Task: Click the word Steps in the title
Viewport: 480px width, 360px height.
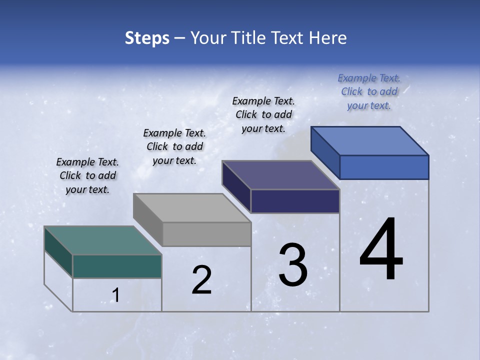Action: (147, 38)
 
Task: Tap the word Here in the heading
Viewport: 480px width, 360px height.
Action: (328, 38)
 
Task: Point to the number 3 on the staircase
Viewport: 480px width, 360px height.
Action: (293, 265)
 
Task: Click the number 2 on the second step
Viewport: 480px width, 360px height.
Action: (201, 280)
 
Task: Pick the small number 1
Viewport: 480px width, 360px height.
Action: (116, 295)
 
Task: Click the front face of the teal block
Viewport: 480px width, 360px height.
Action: (117, 266)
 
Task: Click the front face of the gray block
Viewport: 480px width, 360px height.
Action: (206, 234)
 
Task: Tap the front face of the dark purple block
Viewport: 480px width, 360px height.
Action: (295, 201)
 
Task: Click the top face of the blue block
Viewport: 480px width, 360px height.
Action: (369, 140)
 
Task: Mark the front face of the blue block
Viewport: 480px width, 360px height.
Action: (384, 167)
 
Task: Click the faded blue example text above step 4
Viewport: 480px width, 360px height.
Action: (369, 91)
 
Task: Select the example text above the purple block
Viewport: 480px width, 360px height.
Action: (263, 114)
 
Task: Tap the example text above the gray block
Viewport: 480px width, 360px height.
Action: (174, 146)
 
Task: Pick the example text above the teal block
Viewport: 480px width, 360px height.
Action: (87, 175)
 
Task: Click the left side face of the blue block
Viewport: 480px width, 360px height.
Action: (325, 152)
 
